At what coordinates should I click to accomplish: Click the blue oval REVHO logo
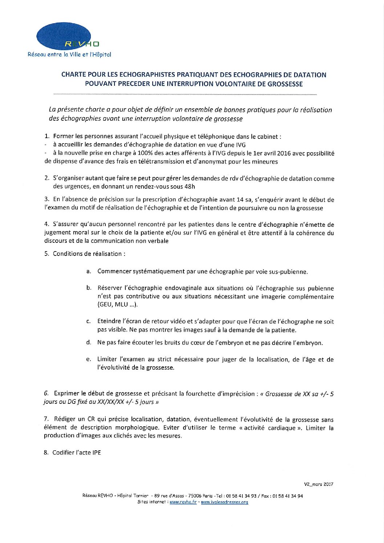(64, 36)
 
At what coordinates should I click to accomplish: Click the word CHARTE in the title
(73, 75)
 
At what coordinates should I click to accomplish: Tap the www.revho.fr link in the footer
(183, 502)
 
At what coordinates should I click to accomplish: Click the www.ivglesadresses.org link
(225, 502)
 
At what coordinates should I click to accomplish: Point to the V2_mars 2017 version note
(319, 484)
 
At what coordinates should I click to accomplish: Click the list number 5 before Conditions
(47, 254)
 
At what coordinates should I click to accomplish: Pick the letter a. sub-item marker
(88, 271)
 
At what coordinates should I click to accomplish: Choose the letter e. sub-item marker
(88, 359)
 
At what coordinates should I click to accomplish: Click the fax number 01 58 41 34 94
(288, 496)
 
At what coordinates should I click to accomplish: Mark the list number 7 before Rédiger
(46, 420)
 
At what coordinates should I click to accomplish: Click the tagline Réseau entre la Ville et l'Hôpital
(69, 55)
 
